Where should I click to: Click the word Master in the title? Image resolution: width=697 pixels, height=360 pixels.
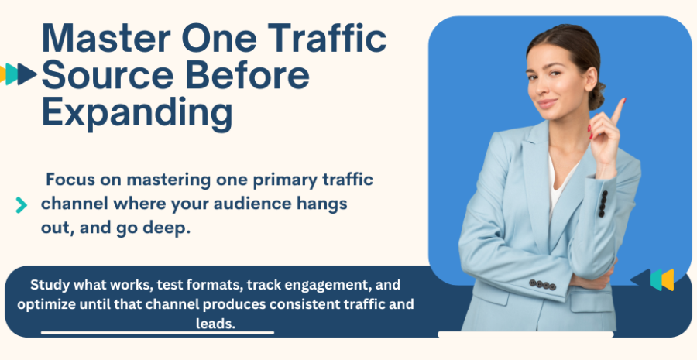106,38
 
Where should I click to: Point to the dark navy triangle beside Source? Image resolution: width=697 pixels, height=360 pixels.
27,74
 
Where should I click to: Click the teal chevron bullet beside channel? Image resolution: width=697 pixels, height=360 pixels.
22,205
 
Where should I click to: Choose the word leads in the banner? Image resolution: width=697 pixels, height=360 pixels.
215,324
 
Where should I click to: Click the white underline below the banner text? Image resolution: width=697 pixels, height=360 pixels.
157,332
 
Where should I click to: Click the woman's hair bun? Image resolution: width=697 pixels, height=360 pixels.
597,95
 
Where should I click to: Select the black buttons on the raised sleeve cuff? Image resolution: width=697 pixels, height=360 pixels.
603,204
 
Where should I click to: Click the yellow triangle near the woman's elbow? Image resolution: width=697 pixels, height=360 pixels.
668,280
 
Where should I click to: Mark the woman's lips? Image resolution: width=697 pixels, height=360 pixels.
548,104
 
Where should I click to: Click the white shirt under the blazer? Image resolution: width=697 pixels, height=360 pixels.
558,187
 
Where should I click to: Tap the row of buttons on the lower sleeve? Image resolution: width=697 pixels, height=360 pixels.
542,284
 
